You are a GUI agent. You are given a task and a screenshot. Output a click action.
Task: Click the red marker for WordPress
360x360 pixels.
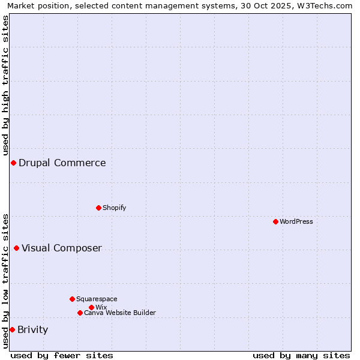click(275, 221)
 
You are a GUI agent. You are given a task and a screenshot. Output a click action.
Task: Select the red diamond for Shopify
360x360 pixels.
click(98, 208)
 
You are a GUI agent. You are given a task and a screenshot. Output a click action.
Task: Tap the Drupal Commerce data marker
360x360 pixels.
click(13, 163)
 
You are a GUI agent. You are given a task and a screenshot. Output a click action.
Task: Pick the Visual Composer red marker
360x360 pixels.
click(16, 248)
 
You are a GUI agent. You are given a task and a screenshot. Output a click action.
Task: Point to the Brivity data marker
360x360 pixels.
click(12, 329)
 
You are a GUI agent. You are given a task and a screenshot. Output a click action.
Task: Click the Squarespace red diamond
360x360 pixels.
click(72, 299)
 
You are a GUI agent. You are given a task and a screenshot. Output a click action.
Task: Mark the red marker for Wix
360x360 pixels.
click(91, 307)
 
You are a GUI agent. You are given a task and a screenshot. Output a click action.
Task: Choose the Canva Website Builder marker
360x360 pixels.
click(80, 313)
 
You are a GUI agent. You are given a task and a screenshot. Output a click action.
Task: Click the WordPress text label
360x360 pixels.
click(296, 221)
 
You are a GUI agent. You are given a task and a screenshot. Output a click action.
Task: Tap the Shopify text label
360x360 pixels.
click(115, 208)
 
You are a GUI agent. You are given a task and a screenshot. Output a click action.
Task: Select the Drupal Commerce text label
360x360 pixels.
click(62, 163)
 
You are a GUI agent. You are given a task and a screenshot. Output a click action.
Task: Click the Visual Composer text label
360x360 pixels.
click(62, 248)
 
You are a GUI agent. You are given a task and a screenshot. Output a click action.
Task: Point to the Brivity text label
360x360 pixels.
click(33, 329)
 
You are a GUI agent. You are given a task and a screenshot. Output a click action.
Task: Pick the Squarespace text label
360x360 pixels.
click(97, 299)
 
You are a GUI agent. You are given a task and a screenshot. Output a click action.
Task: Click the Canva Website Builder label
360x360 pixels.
click(120, 313)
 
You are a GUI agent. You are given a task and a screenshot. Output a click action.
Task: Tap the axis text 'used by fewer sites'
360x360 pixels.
click(62, 355)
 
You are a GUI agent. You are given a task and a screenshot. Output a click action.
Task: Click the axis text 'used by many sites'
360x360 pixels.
click(301, 355)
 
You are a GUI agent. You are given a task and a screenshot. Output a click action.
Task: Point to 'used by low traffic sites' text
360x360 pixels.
click(5, 280)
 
